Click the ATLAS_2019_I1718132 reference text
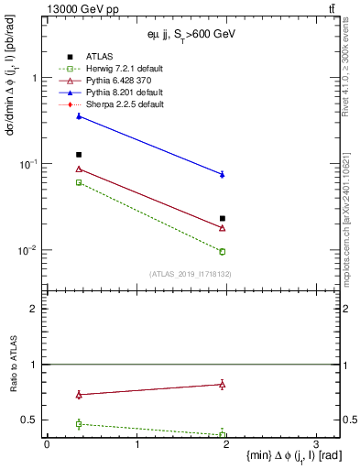click(191, 273)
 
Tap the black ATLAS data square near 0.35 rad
click(79, 155)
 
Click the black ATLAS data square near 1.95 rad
click(223, 218)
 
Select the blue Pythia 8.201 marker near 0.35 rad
click(79, 116)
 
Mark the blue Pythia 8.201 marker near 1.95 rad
click(223, 174)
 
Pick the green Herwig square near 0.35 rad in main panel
click(79, 182)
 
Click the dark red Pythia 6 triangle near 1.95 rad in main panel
click(223, 228)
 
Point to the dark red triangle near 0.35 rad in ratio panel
click(79, 395)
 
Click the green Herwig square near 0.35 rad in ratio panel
click(79, 424)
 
